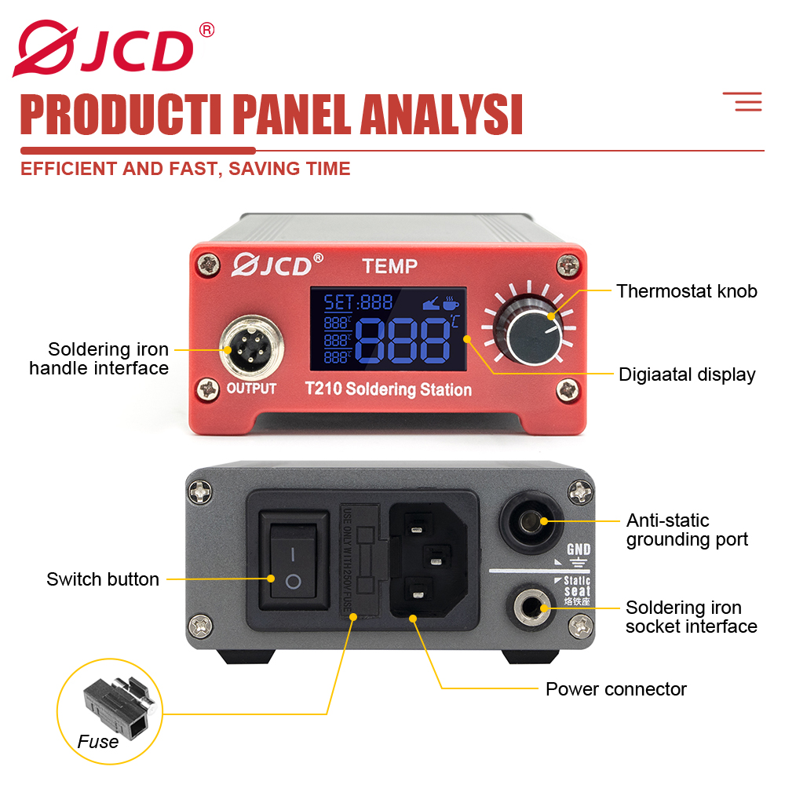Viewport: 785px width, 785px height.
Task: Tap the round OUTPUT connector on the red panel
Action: coord(250,345)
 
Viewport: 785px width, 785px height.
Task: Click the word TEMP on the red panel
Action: coord(389,267)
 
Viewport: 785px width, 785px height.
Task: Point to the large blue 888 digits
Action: coord(403,341)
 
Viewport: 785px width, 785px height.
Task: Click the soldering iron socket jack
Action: coord(536,607)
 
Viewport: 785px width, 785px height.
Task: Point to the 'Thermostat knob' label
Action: coord(686,291)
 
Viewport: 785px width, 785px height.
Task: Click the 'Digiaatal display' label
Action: coord(687,374)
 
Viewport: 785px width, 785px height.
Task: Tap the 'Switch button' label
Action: coord(103,579)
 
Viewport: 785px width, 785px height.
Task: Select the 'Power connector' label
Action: coord(616,689)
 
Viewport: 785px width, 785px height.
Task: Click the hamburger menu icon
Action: coord(742,101)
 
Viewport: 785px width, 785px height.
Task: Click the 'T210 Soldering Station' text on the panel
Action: coord(388,389)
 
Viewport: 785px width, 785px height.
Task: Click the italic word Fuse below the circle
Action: coord(98,742)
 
